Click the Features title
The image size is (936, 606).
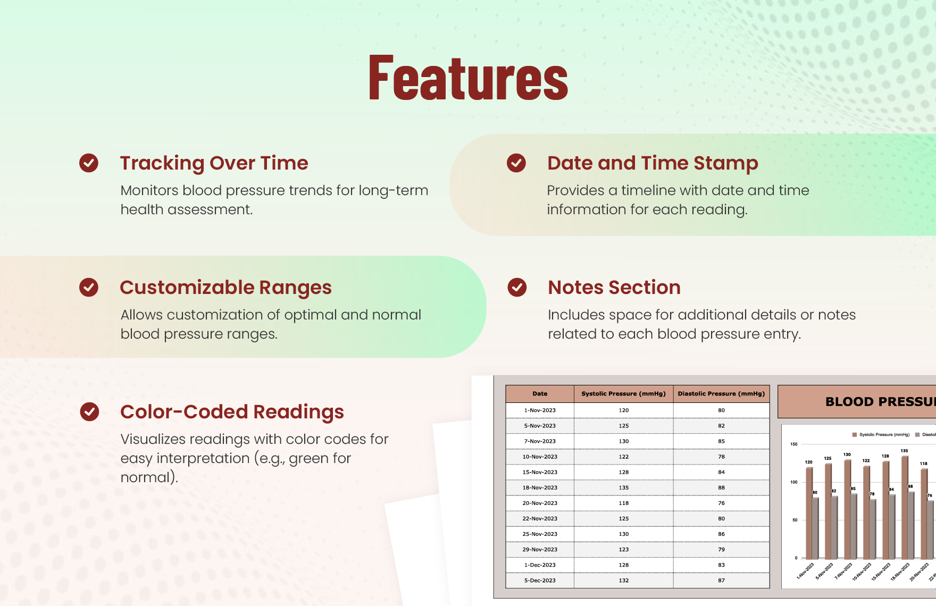[468, 78]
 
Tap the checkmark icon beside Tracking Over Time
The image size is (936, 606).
[89, 163]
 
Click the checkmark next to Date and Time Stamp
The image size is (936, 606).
[516, 163]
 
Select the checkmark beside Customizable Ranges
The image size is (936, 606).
[89, 287]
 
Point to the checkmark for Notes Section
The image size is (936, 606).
[517, 287]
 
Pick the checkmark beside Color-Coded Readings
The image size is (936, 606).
[89, 411]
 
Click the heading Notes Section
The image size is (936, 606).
[614, 288]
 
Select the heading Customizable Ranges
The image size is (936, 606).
[225, 288]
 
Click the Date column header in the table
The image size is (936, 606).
[540, 394]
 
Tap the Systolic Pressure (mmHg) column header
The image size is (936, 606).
[623, 394]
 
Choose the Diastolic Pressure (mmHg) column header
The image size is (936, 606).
[721, 394]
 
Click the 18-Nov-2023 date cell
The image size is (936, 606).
[540, 487]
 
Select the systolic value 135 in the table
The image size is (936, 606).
[624, 487]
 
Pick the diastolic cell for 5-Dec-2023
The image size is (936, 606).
[721, 580]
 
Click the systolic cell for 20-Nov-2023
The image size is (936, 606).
[624, 503]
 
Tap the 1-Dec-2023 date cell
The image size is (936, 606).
[540, 565]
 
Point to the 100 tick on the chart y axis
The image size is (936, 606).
[794, 482]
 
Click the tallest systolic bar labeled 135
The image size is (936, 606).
[904, 508]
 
